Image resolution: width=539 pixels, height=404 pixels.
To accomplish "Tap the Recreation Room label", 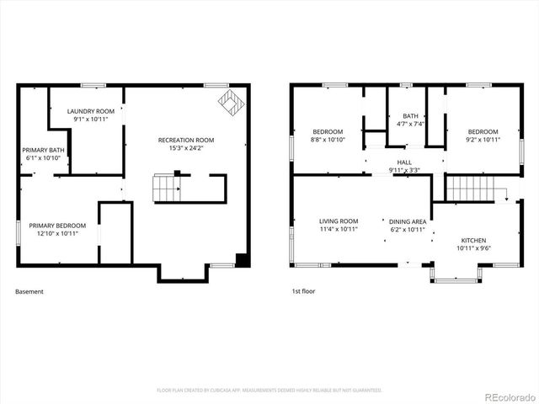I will tap(186, 140).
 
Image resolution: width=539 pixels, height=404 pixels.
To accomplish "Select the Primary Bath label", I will tap(43, 150).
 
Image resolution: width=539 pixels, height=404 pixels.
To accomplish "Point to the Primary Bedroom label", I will tap(57, 226).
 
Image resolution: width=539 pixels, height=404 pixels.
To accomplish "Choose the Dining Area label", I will tap(407, 221).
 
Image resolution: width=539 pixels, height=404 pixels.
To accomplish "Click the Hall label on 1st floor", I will tap(404, 162).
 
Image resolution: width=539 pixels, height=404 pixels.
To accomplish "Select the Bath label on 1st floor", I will tap(410, 116).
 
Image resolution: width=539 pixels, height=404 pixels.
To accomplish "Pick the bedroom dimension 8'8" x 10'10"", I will tap(328, 140).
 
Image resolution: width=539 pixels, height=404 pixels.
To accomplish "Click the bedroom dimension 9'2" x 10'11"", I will tap(483, 140).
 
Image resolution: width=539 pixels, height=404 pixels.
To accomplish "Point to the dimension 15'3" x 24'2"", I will tap(186, 148).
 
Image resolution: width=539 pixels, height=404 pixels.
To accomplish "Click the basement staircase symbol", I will tap(166, 189).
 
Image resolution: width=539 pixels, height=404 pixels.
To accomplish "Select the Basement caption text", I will tap(29, 292).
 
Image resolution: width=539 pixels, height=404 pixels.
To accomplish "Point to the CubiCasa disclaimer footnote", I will tap(269, 390).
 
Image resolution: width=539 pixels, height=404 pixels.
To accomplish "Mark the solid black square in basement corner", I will tap(242, 260).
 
